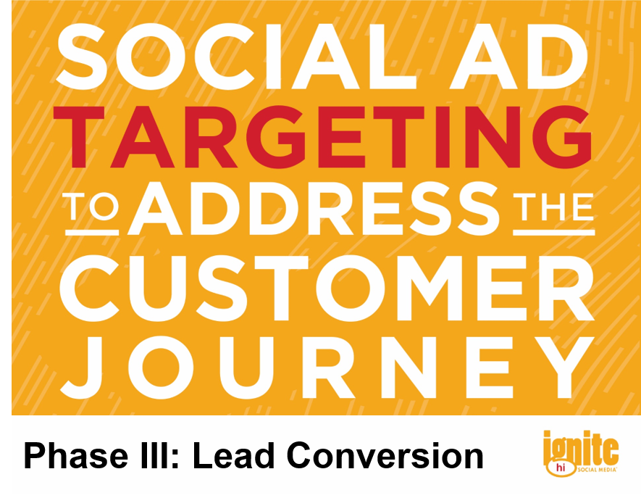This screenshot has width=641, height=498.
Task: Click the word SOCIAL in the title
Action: pos(236,56)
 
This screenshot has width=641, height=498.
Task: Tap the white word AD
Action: pos(519,56)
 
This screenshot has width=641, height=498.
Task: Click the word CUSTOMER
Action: pos(327,288)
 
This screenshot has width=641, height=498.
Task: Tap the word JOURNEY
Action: pos(328,367)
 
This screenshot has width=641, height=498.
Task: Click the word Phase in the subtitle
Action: pos(76,456)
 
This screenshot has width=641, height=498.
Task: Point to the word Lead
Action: pos(233,455)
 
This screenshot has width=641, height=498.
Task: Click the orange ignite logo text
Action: pos(580,449)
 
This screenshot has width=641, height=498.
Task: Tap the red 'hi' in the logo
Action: pos(561,468)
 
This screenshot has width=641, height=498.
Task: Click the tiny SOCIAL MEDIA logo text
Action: pos(596,470)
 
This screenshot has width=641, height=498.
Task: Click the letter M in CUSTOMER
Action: pos(431,288)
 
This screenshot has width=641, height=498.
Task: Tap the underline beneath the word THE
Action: pos(554,233)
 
